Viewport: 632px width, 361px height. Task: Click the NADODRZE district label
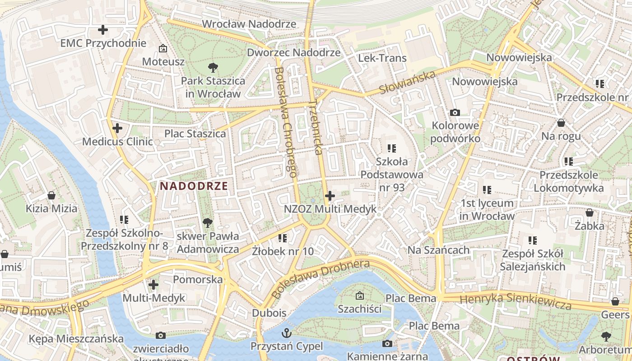pyautogui.click(x=194, y=185)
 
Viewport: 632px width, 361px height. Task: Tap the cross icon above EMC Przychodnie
pyautogui.click(x=103, y=30)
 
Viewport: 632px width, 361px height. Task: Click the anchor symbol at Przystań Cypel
pyautogui.click(x=287, y=333)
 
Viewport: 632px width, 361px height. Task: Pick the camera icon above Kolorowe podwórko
pyautogui.click(x=455, y=112)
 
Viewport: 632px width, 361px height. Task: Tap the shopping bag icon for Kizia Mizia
pyautogui.click(x=51, y=195)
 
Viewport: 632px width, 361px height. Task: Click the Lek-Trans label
pyautogui.click(x=382, y=58)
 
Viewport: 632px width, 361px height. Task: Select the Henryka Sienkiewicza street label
pyautogui.click(x=515, y=301)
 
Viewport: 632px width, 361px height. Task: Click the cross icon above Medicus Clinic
pyautogui.click(x=117, y=128)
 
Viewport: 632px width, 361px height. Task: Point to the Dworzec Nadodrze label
pyautogui.click(x=293, y=52)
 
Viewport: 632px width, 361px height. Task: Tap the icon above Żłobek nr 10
pyautogui.click(x=283, y=237)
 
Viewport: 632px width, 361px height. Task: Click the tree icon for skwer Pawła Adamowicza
pyautogui.click(x=208, y=222)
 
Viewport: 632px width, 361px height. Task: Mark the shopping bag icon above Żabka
pyautogui.click(x=590, y=213)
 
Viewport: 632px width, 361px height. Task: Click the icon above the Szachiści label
pyautogui.click(x=359, y=296)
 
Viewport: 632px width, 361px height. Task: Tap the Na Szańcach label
pyautogui.click(x=438, y=250)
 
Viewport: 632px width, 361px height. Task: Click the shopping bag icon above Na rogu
pyautogui.click(x=561, y=123)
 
